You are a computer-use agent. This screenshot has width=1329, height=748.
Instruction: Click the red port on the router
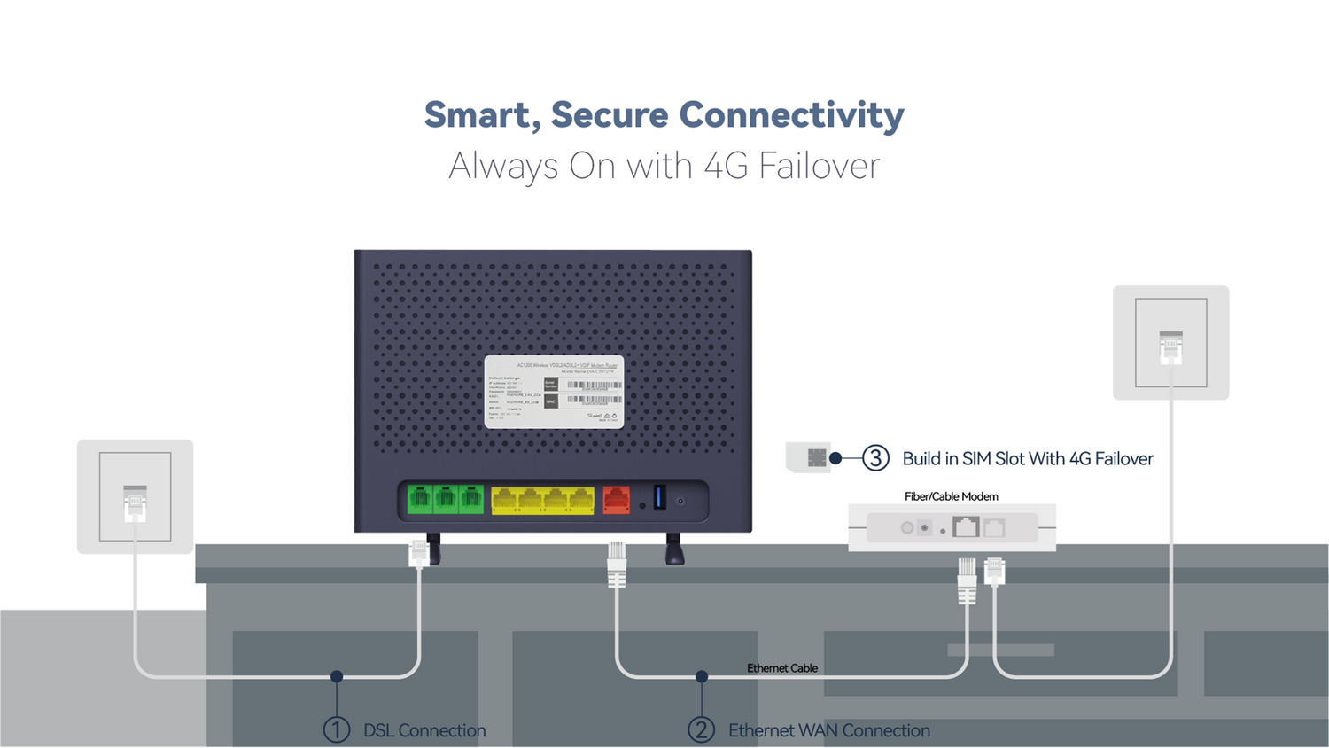coord(616,500)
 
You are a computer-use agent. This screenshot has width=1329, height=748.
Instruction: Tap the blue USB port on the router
coord(659,497)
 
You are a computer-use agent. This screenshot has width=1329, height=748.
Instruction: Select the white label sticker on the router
coord(554,392)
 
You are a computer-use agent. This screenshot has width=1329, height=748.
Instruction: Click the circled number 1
coord(337,730)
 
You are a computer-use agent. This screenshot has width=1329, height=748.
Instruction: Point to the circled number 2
coord(702,730)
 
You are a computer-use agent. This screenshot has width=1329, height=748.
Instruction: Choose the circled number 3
coord(875,458)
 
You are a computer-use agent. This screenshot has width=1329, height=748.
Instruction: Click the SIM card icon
coord(815,458)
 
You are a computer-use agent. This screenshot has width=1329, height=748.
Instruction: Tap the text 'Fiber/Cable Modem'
coord(951,496)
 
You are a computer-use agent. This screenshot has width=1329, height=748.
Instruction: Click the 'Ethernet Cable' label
coord(781,668)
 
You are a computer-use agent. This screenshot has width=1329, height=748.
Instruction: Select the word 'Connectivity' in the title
coord(791,115)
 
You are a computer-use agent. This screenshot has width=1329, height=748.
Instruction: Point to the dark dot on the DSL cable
coord(337,676)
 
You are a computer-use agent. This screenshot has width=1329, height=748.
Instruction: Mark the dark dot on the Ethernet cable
coord(702,676)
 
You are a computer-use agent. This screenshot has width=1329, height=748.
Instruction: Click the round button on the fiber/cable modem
coord(907,528)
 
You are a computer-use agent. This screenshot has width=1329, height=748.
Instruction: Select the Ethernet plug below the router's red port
coord(617,565)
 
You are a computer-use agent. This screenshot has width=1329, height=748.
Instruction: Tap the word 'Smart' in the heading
coord(478,115)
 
